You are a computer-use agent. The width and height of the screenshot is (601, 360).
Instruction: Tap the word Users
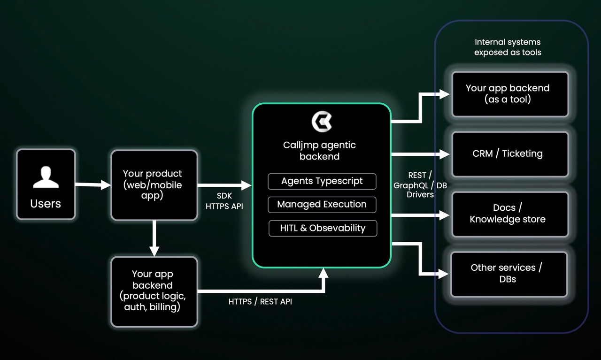pyautogui.click(x=46, y=204)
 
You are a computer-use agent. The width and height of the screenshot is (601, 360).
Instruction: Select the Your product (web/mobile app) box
pyautogui.click(x=154, y=185)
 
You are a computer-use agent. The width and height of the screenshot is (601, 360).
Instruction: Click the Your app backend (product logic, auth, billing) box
pyautogui.click(x=154, y=291)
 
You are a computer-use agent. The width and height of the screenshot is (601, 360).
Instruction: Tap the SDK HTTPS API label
pyautogui.click(x=224, y=201)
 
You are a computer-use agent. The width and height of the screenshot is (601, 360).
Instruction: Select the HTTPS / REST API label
pyautogui.click(x=260, y=302)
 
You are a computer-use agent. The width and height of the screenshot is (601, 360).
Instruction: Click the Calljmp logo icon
pyautogui.click(x=322, y=121)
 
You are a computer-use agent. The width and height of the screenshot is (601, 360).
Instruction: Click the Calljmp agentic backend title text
pyautogui.click(x=320, y=151)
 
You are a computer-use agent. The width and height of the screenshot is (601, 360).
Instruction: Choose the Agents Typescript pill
pyautogui.click(x=322, y=181)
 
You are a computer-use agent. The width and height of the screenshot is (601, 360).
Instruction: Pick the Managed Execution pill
pyautogui.click(x=322, y=205)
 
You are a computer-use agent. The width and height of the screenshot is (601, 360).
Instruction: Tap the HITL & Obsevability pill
pyautogui.click(x=322, y=228)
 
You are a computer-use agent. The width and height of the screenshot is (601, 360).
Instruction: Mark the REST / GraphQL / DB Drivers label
pyautogui.click(x=419, y=184)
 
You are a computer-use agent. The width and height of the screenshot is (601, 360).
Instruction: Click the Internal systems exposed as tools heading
pyautogui.click(x=508, y=47)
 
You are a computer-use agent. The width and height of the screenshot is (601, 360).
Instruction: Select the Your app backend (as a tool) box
pyautogui.click(x=509, y=94)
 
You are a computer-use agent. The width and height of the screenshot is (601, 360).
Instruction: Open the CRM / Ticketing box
pyautogui.click(x=509, y=153)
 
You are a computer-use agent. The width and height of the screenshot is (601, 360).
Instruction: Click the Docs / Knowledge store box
pyautogui.click(x=509, y=214)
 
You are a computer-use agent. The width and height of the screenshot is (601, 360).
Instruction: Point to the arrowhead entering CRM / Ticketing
pyautogui.click(x=445, y=154)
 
